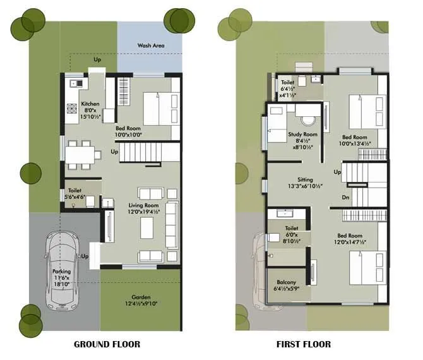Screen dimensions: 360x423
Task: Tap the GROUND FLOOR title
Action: pyautogui.click(x=107, y=344)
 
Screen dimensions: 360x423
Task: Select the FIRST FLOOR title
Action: pyautogui.click(x=303, y=344)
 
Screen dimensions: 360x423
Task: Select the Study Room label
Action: pyautogui.click(x=301, y=135)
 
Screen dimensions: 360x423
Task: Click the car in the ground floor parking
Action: pyautogui.click(x=61, y=268)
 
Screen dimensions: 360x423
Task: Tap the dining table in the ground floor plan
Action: pyautogui.click(x=82, y=153)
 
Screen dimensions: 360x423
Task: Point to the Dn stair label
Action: pyautogui.click(x=345, y=198)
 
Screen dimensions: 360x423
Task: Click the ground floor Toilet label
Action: pyautogui.click(x=75, y=189)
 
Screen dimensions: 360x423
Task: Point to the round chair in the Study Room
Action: pyautogui.click(x=309, y=121)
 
